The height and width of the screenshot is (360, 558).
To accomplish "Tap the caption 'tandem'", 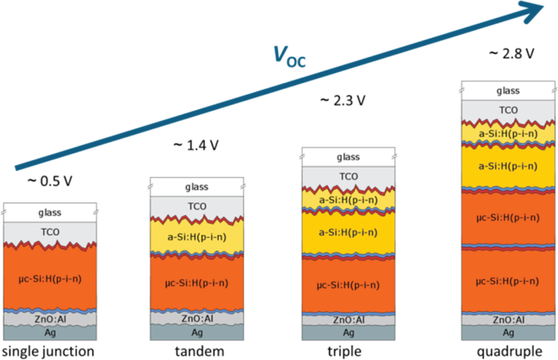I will (x=197, y=350).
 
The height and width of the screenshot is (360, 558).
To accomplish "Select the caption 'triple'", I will (x=348, y=350).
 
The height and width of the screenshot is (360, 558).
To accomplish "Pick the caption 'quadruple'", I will (x=508, y=350).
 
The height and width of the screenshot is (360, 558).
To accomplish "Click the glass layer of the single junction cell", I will (x=50, y=212).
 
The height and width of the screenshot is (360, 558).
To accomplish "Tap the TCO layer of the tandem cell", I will (x=197, y=207).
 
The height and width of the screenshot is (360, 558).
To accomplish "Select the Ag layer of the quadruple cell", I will (x=508, y=333).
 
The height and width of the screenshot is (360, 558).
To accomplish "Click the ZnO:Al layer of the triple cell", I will (x=348, y=320).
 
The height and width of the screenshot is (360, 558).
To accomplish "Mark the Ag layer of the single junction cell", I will (x=50, y=333).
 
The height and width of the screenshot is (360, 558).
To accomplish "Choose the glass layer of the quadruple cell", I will (x=508, y=91).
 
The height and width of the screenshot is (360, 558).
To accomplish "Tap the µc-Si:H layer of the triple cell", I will (x=348, y=285).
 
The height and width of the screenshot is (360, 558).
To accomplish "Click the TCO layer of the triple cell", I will (x=348, y=177).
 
